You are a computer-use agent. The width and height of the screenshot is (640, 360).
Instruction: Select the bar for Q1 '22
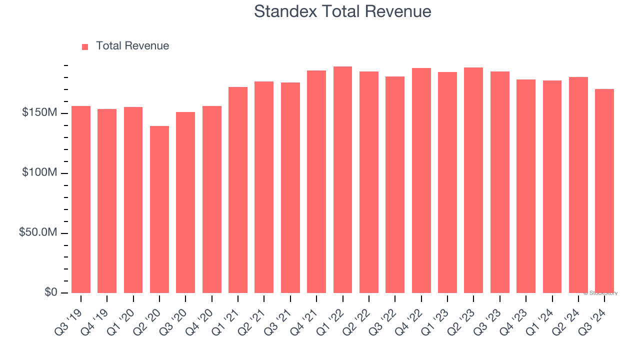342,179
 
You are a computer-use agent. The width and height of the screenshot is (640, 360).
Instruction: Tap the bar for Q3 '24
604,190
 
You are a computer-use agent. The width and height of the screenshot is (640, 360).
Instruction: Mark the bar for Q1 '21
238,189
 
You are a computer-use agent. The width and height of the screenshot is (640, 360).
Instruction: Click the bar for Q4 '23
526,186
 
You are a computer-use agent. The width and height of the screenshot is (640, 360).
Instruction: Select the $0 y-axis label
50,292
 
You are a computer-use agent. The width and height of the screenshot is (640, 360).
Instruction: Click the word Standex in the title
285,11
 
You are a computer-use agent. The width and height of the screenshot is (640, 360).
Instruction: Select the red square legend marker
85,46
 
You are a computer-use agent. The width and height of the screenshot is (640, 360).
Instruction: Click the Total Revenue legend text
132,46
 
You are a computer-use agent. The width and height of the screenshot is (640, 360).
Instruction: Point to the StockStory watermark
600,293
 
